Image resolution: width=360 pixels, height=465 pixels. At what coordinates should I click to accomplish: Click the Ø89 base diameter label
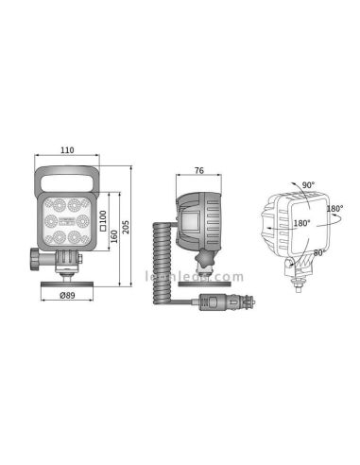pos(68,296)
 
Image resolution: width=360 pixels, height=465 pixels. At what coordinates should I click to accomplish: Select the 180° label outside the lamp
pos(334,208)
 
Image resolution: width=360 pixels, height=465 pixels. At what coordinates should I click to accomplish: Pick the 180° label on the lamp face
pos(301,225)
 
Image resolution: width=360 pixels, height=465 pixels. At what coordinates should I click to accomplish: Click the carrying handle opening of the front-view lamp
pos(68,181)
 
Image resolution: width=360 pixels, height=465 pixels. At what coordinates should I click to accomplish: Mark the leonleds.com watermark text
pos(194,278)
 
